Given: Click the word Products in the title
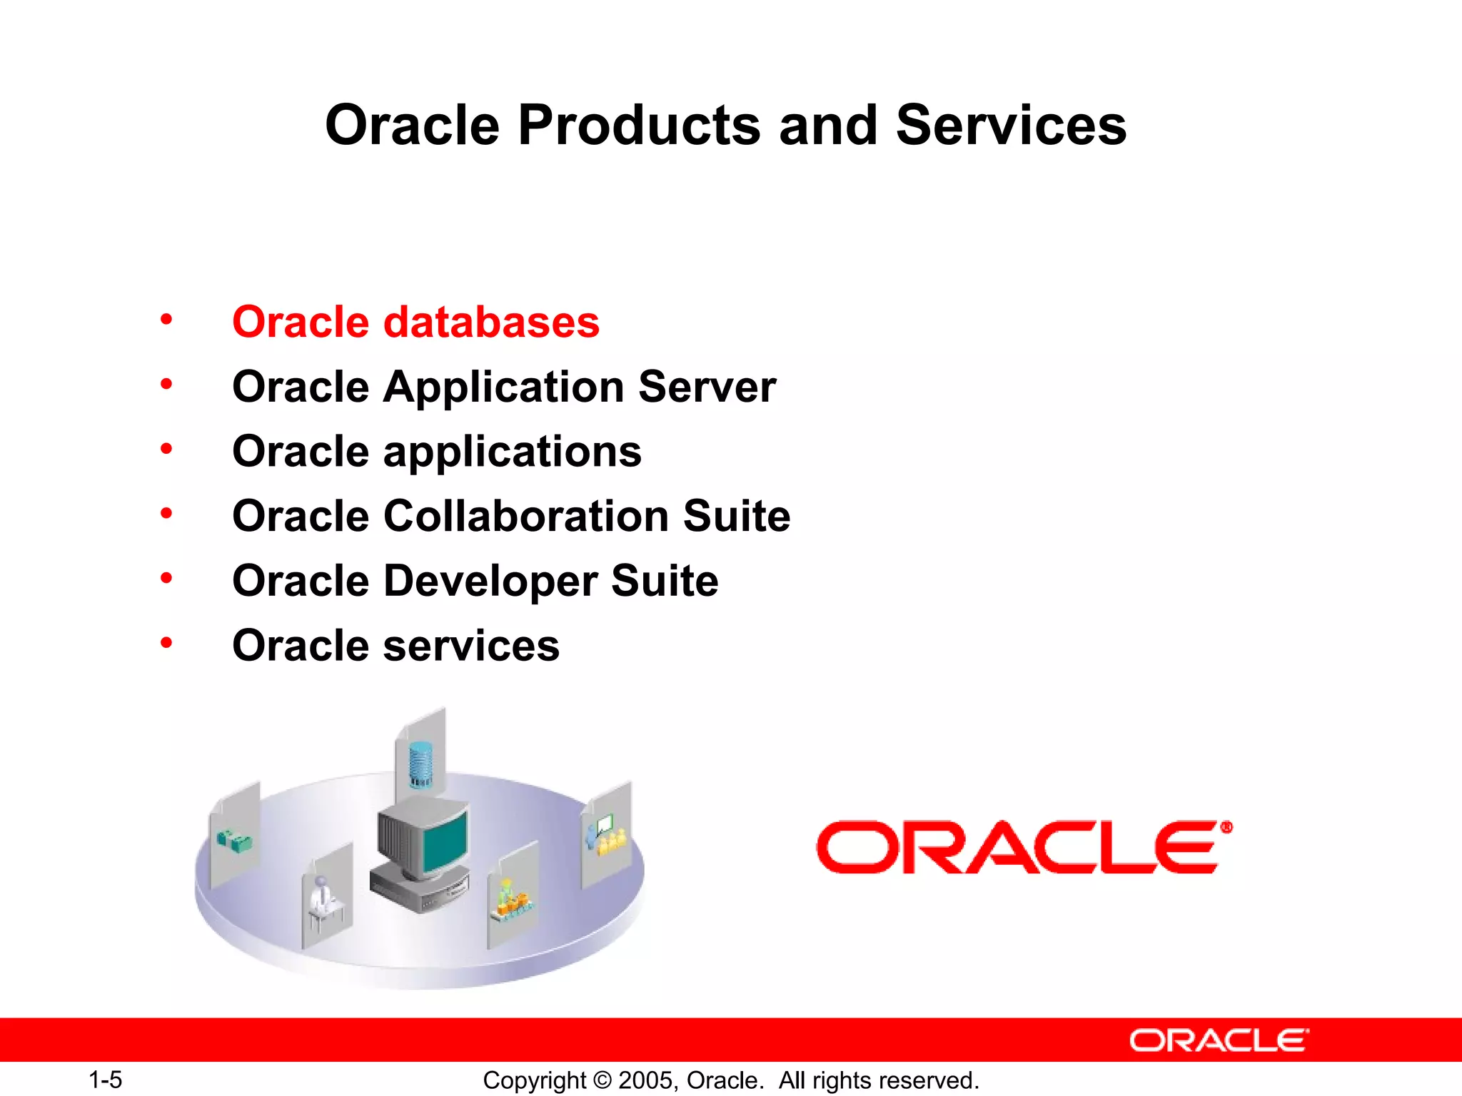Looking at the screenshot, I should [x=639, y=126].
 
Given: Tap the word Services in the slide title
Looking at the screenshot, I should [x=1011, y=126].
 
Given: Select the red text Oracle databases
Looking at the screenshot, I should [x=415, y=323].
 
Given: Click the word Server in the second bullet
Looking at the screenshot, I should [x=707, y=387].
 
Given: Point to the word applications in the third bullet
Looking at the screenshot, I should [x=513, y=452].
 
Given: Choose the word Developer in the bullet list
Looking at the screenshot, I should [x=490, y=581].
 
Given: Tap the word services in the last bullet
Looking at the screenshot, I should [x=471, y=646].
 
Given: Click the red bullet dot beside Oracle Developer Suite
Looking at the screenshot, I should [x=166, y=578].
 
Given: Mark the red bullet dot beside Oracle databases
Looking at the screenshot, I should [x=166, y=319].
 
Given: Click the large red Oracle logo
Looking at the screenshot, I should [x=1024, y=848].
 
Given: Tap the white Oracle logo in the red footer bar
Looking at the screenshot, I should [x=1219, y=1040].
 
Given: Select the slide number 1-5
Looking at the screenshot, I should [x=106, y=1080].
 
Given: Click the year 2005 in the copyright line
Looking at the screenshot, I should [x=645, y=1080].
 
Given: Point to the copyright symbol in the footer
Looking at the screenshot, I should [x=603, y=1080].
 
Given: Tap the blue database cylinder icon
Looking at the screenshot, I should [x=421, y=764].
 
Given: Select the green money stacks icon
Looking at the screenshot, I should [x=234, y=841].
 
